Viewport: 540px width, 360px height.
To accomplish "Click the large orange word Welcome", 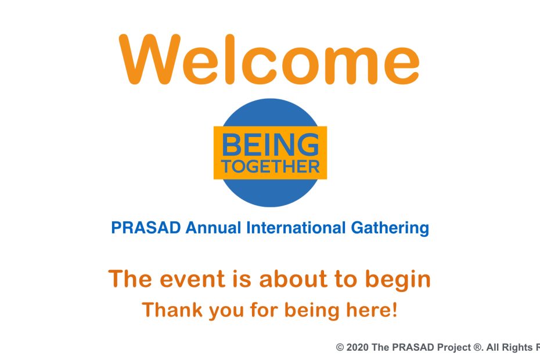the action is (x=269, y=59).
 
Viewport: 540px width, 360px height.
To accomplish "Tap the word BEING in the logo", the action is (x=271, y=145).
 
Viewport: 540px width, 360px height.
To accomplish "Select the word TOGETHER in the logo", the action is (x=271, y=167).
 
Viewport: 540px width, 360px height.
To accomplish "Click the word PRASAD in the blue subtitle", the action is (x=146, y=228).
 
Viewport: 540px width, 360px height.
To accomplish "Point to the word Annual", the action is (x=213, y=228).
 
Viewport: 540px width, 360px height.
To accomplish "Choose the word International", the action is (x=296, y=228).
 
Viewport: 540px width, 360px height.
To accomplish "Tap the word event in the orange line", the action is (x=192, y=279).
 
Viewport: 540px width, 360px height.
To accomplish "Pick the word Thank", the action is (x=172, y=309).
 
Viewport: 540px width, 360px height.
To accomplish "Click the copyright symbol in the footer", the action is (x=340, y=347).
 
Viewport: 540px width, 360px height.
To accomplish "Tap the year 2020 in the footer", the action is (x=357, y=347).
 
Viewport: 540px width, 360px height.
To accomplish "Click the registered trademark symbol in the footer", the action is (x=477, y=347).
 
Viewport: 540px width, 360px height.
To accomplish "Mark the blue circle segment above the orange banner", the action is (x=271, y=113).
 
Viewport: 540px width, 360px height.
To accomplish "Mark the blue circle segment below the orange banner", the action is (x=271, y=193).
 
